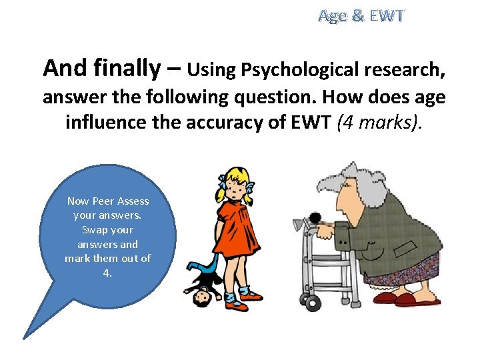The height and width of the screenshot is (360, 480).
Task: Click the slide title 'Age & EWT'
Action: tap(361, 16)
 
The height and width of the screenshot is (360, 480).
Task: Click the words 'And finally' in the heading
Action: tap(101, 67)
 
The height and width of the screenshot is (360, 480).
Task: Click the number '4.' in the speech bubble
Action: tap(107, 273)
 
